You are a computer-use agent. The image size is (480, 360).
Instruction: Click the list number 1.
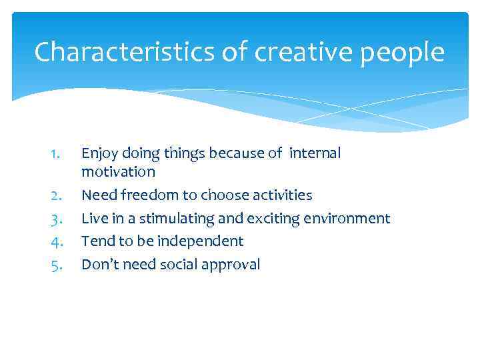(57, 154)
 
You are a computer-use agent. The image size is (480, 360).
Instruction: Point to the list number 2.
(57, 195)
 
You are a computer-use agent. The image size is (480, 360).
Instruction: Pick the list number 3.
(57, 219)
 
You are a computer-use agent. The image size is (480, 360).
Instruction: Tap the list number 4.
(57, 241)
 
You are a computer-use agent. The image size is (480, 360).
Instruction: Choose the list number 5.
(57, 265)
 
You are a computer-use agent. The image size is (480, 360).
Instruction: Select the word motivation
(118, 172)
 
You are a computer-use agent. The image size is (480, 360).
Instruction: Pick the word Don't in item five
(99, 264)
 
